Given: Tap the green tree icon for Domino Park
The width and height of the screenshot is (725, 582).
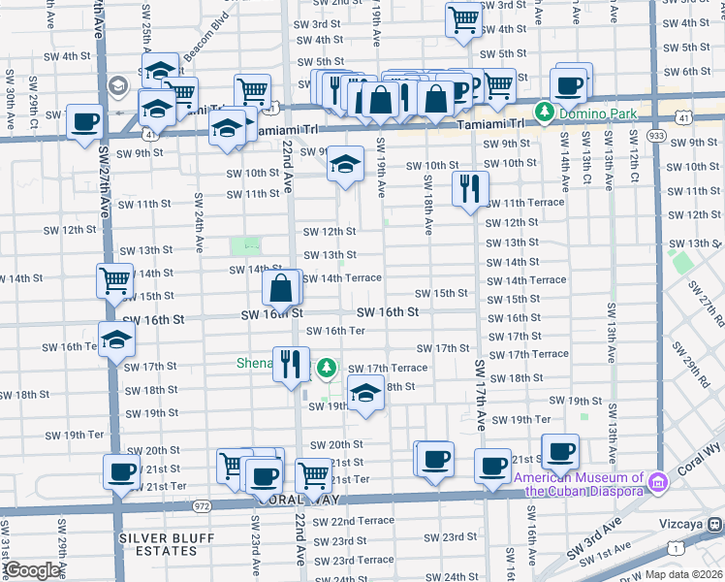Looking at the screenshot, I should point(545,113).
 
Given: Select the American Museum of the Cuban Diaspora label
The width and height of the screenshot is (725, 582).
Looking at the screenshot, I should point(580,483).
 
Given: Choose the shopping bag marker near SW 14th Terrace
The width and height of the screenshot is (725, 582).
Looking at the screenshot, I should point(281,288).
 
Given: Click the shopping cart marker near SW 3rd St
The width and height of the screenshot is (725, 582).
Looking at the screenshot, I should point(464,17).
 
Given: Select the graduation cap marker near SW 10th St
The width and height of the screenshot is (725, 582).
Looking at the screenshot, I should point(343,163).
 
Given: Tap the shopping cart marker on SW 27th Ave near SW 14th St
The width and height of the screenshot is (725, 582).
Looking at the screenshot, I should point(114,280).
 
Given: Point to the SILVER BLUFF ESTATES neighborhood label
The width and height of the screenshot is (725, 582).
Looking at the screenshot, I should point(160,543).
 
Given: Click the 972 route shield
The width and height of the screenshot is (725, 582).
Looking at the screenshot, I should point(202,506).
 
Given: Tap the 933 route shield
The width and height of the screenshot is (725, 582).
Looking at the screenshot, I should point(656,136).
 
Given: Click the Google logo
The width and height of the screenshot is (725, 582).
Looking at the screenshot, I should point(32,570).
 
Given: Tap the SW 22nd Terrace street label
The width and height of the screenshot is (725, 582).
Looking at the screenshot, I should point(362,521).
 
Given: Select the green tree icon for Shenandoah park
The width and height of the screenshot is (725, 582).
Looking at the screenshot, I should point(328,367).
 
